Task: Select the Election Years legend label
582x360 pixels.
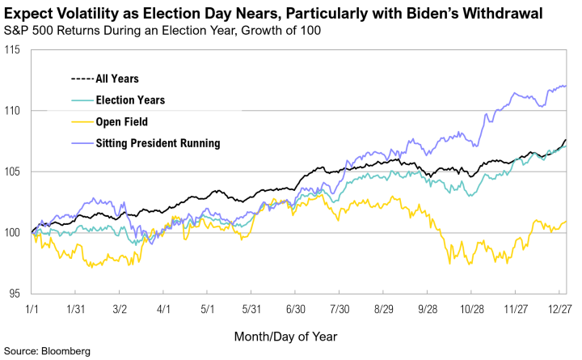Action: click(130, 100)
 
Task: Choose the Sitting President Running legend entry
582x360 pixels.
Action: click(158, 144)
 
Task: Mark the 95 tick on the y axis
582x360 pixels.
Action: click(14, 294)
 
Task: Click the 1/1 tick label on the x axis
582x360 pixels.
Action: click(32, 309)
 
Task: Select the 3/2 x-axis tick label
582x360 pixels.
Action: click(120, 309)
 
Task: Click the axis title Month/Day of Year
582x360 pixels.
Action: click(285, 335)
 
